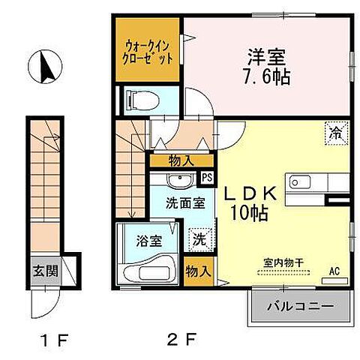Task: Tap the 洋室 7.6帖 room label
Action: [266, 66]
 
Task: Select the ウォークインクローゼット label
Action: [148, 51]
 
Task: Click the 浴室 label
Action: [147, 241]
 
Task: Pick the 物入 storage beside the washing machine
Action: [197, 271]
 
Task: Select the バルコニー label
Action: [300, 306]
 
